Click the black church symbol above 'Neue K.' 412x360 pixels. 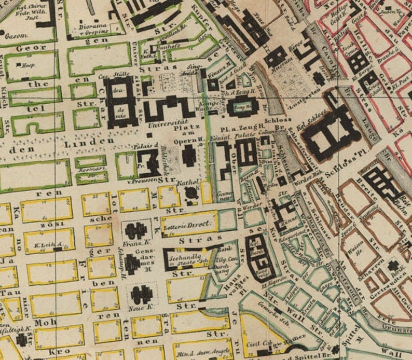tap(141, 294)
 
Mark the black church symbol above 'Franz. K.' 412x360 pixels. tap(135, 230)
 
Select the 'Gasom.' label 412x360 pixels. tap(13, 37)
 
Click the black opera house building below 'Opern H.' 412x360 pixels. tap(189, 156)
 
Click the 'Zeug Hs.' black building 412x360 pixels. tap(243, 106)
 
